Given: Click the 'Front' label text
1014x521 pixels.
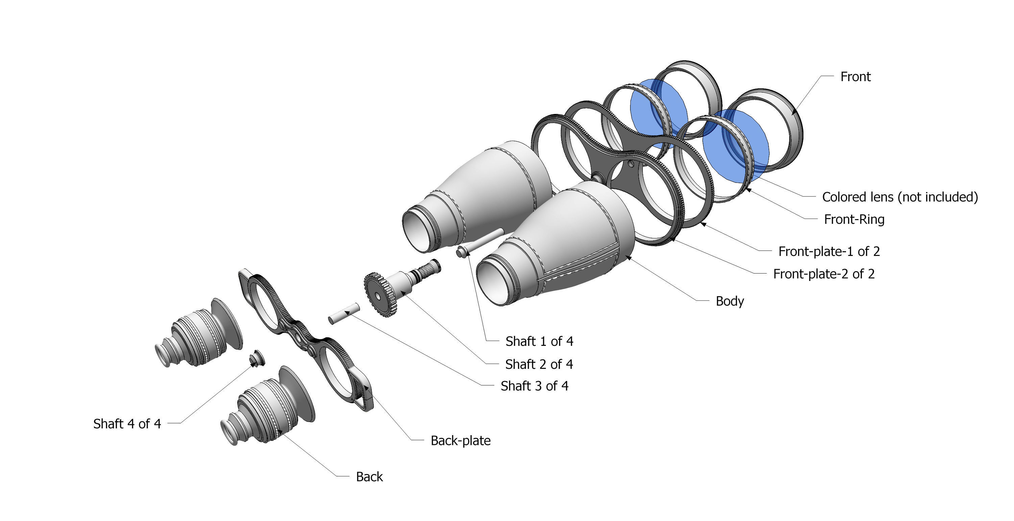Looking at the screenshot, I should (855, 77).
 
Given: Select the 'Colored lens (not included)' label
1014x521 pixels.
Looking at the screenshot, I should (899, 197).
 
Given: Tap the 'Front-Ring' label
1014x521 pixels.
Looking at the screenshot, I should (854, 219).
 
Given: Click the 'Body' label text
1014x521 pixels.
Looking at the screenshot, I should (729, 301).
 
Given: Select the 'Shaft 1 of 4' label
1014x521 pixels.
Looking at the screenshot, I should (539, 341).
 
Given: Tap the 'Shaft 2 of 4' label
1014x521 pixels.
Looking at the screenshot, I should (538, 364).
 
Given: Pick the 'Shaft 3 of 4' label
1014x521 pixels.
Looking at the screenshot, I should (534, 386).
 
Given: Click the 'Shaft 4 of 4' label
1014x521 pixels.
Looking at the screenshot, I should (127, 424).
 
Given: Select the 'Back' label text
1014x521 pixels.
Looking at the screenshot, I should (369, 477).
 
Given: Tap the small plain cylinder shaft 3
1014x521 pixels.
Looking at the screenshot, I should (344, 313).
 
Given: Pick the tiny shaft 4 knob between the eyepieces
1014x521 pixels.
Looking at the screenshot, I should (257, 358).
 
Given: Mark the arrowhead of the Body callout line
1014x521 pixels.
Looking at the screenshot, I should (627, 257).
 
